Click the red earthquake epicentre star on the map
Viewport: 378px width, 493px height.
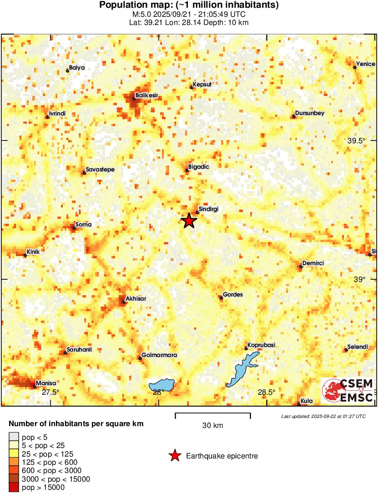[x=189, y=221]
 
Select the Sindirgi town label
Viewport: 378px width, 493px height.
[x=209, y=209]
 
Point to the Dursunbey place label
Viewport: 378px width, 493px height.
[x=310, y=113]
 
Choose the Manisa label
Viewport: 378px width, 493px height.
[x=45, y=383]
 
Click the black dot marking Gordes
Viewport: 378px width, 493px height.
[x=221, y=298]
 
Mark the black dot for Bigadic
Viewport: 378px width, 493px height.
[x=186, y=171]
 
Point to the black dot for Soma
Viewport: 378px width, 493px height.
[x=74, y=228]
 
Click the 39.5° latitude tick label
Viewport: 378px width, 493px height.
[x=357, y=141]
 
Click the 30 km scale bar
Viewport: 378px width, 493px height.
[x=213, y=413]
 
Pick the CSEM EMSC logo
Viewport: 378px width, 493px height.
[x=348, y=391]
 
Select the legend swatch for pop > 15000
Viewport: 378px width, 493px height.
[x=14, y=488]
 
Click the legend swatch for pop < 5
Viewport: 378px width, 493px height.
[x=14, y=437]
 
